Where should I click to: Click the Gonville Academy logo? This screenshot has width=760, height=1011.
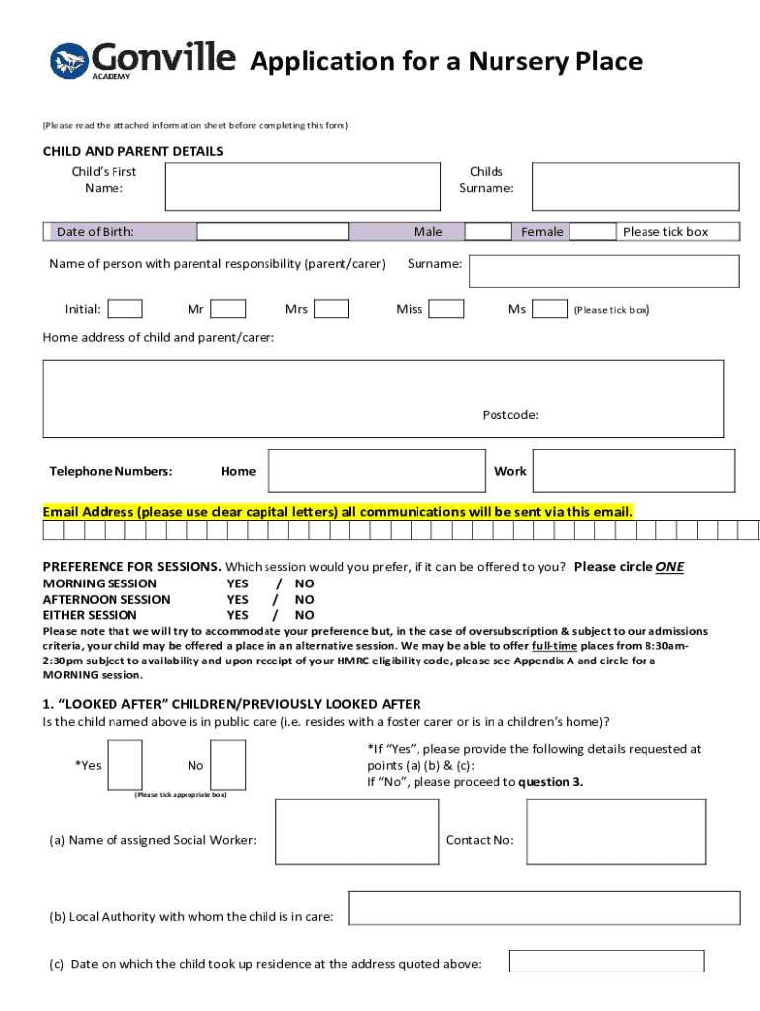coord(142,60)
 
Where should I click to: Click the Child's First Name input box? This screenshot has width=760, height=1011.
coord(301,187)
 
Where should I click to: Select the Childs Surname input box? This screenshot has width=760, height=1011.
coord(635,187)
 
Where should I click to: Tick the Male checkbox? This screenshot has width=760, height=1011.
coord(488,232)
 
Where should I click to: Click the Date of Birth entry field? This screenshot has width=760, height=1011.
coord(273,232)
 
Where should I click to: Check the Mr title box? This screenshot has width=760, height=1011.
coord(228,309)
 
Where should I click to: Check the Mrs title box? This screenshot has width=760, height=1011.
coord(332,309)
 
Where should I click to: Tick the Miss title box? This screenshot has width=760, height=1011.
coord(447,309)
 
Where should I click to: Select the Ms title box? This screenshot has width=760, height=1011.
coord(550,309)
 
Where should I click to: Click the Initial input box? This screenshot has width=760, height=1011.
coord(124,309)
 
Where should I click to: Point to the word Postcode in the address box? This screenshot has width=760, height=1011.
coord(510,415)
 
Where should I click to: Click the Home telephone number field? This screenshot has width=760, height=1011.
coord(376,471)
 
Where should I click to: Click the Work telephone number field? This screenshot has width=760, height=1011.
coord(636,471)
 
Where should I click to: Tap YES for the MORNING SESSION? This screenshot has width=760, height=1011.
coord(238,583)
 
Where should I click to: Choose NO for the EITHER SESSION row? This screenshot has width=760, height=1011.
coord(305,615)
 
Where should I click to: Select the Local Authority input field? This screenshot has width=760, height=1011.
coord(544,907)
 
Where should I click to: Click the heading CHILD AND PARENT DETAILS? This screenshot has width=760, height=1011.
coord(133,151)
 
